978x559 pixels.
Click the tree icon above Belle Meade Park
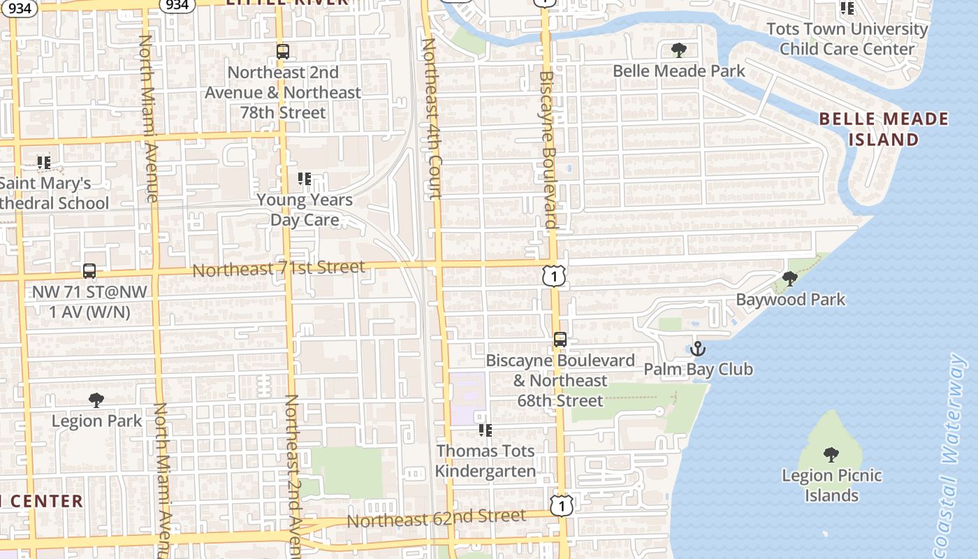point(678,50)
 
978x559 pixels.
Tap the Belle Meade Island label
point(884,129)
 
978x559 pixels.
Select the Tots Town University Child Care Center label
point(847,39)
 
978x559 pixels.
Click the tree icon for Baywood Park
point(790,279)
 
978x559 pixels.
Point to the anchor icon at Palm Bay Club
point(697,348)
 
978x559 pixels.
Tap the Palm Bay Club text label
point(698,369)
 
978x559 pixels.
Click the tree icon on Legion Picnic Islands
point(831,455)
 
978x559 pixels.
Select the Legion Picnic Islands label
point(831,486)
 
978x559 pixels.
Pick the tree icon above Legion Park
point(96,400)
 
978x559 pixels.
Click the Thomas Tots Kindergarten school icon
point(485,430)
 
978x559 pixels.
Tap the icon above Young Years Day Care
point(304,179)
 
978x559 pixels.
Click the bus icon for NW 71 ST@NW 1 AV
point(89,271)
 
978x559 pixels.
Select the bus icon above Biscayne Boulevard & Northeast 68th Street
point(560,340)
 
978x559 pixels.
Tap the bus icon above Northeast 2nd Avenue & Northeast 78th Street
point(282,51)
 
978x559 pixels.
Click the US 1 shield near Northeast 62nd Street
point(562,505)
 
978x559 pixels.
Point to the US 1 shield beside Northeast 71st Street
point(553,276)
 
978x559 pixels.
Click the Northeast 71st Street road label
point(279,268)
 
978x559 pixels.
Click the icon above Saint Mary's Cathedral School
point(44,163)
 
